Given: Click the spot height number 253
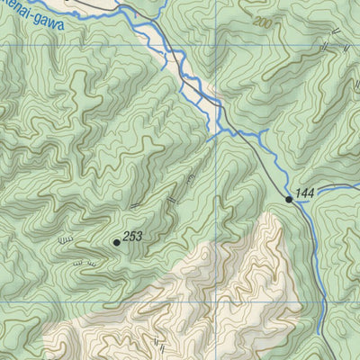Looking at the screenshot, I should point(133,237).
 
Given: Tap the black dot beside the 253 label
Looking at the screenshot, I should point(117,242).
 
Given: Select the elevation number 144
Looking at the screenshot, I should point(304,193).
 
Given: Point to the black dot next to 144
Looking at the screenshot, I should point(289,199).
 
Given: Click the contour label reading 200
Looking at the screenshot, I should point(261,22).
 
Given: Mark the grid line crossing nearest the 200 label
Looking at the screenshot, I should point(216,45).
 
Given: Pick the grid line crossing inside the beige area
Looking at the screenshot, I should point(216,302).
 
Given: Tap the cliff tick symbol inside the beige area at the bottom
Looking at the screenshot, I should point(160,341).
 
